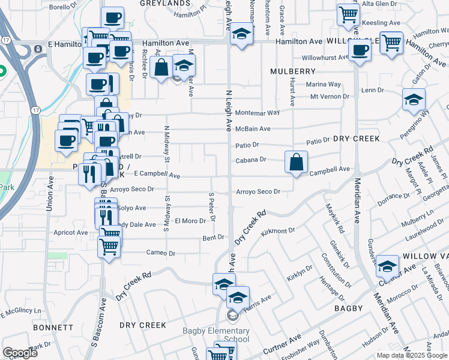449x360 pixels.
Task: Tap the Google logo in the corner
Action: point(20,353)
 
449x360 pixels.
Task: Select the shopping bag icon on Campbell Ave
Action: point(297,162)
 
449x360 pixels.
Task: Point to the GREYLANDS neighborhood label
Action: point(165,4)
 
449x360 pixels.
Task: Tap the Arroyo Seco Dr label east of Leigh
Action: point(259,192)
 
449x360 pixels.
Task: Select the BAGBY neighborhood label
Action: point(349,308)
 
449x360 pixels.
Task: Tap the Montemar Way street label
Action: point(258,113)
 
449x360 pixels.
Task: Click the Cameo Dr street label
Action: point(161,253)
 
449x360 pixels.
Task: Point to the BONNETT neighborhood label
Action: point(53,328)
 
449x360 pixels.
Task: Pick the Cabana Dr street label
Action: point(252,160)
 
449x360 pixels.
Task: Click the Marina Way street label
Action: point(324,85)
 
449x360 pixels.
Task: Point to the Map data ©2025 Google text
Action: point(412,355)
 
